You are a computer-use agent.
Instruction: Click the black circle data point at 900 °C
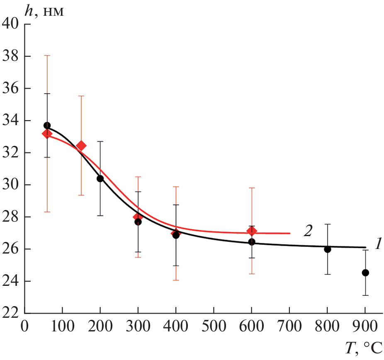[x=365, y=273]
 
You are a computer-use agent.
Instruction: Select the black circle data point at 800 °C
[x=327, y=249]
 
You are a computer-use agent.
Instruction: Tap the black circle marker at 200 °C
[x=100, y=179]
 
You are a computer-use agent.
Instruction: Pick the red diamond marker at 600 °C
[x=251, y=231]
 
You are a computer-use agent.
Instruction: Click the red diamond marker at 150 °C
[x=81, y=146]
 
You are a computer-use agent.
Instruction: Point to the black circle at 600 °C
[x=251, y=242]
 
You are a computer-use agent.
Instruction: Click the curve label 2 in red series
[x=307, y=231]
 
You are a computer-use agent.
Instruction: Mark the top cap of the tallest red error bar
[x=47, y=55]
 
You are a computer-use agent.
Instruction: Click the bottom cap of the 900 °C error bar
[x=365, y=295]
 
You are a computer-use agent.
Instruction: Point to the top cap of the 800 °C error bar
[x=327, y=224]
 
